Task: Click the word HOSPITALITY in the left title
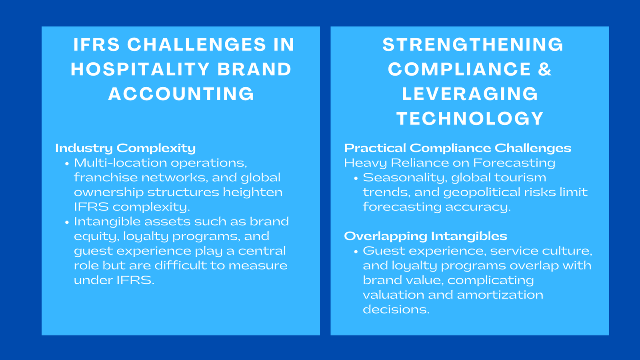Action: [x=140, y=69]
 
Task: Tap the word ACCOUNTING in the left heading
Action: [x=181, y=94]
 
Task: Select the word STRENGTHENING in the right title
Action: [x=473, y=44]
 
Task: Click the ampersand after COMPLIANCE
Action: [x=545, y=69]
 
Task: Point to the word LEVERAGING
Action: [x=470, y=94]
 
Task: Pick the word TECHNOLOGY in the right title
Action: [x=470, y=118]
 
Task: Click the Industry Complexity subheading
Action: [x=125, y=148]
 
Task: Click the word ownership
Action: [x=108, y=192]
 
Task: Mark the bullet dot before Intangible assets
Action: [x=67, y=222]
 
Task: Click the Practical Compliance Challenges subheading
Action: [x=457, y=148]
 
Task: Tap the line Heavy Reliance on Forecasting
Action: [x=449, y=163]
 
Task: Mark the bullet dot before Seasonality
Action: [x=356, y=178]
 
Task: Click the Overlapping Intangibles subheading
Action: [x=425, y=236]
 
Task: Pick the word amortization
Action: [x=500, y=295]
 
